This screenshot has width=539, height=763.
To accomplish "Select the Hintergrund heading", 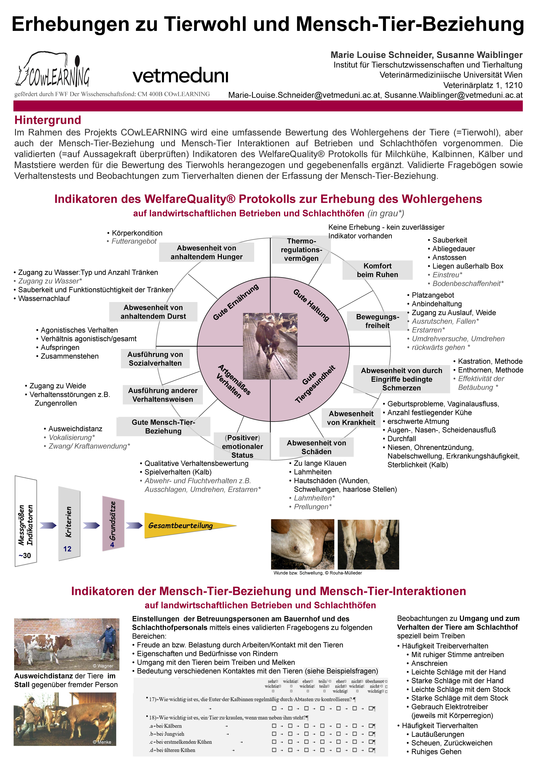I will point(48,120).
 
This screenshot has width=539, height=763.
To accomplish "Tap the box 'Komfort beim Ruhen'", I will point(377,270).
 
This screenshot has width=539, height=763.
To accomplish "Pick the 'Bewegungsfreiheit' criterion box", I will point(377,321).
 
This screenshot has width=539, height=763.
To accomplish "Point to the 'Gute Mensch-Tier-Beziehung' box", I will point(163,426).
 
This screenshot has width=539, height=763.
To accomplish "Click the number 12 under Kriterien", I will point(67,549).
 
